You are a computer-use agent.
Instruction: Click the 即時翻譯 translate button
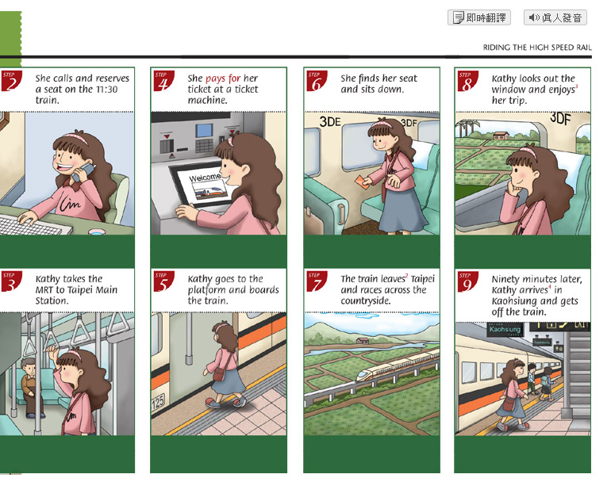(479, 17)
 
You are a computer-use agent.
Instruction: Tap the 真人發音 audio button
(555, 17)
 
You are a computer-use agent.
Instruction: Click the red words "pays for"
(223, 78)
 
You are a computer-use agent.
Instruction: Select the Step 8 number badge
(467, 81)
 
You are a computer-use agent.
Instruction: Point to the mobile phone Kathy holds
(83, 171)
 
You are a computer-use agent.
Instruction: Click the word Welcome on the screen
(205, 178)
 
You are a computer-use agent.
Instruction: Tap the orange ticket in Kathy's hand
(362, 182)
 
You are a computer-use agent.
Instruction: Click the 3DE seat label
(330, 121)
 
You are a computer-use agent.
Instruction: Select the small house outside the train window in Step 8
(501, 136)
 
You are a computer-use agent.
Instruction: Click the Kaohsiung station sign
(505, 329)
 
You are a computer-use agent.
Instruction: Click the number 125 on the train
(158, 401)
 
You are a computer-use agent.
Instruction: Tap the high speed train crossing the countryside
(398, 365)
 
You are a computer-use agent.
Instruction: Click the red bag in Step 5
(220, 373)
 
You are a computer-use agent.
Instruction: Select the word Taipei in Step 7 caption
(422, 279)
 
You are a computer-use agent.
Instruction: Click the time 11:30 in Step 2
(107, 90)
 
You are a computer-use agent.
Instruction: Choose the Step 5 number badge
(163, 281)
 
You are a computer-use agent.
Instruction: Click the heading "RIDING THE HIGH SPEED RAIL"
(537, 48)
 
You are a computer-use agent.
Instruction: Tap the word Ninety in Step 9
(505, 279)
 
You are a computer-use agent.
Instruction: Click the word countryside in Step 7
(366, 301)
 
